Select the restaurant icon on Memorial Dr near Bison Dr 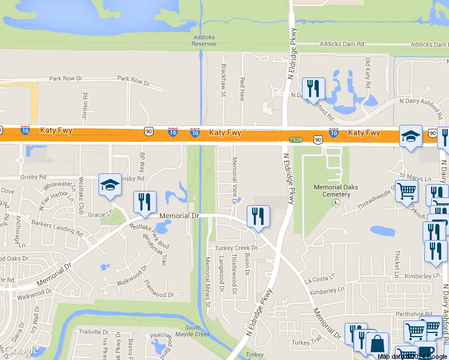pos(258,216)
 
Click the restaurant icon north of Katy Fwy pos(313,89)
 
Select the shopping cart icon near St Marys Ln pos(407,191)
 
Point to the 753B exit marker pos(295,139)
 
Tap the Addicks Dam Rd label pos(342,44)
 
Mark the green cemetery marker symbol pos(336,200)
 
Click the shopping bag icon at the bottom pos(377,344)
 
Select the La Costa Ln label pos(318,279)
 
